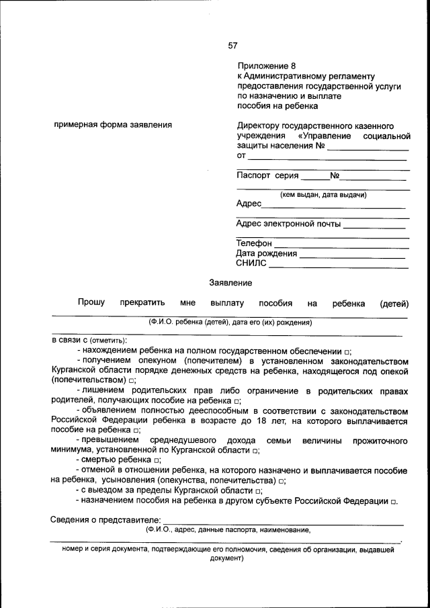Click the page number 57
[232, 46]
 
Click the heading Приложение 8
[266, 66]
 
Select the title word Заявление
[230, 283]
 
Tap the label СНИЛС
[251, 263]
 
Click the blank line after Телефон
[342, 243]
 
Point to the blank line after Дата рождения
[353, 254]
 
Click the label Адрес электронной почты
[289, 224]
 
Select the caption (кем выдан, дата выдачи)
[322, 195]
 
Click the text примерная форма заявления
[112, 125]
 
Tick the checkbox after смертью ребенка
[156, 460]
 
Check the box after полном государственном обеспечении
[347, 352]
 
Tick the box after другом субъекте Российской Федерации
[394, 502]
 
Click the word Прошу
[91, 303]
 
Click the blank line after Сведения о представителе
[283, 520]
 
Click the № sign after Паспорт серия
[335, 176]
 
